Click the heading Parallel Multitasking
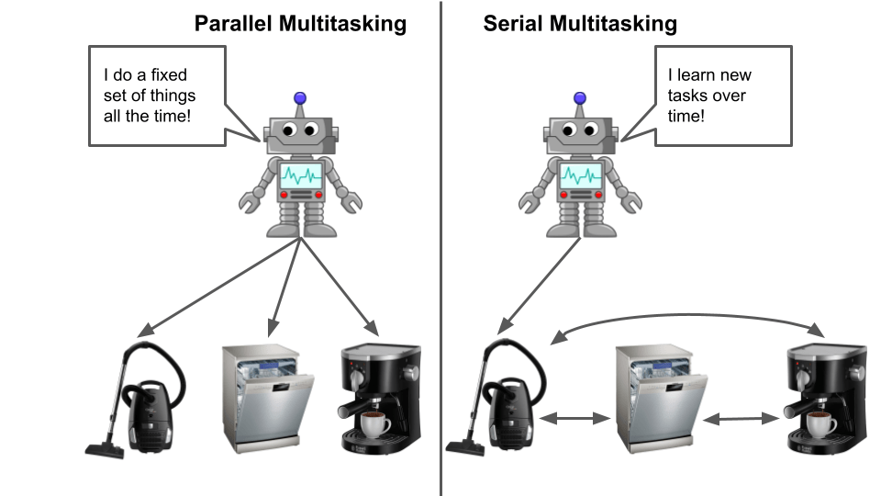pyautogui.click(x=300, y=24)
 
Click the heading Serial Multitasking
pyautogui.click(x=580, y=24)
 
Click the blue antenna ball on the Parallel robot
pyautogui.click(x=300, y=97)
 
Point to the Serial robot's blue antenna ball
pyautogui.click(x=579, y=97)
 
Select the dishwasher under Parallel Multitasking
pyautogui.click(x=266, y=400)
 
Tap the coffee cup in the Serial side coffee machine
pyautogui.click(x=821, y=424)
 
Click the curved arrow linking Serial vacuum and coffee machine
pyautogui.click(x=685, y=314)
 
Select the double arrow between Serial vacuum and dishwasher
pyautogui.click(x=574, y=419)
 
